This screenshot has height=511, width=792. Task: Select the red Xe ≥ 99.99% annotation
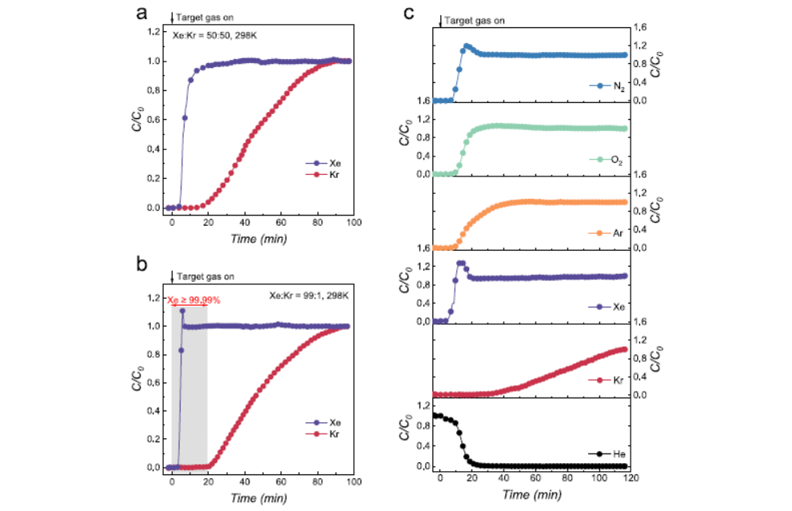click(193, 300)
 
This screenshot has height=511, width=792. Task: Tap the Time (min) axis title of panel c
click(531, 495)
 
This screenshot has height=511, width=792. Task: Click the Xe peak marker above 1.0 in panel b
click(182, 311)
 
